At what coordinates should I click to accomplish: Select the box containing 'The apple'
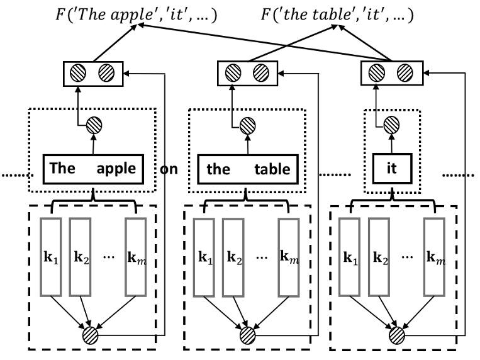pyautogui.click(x=93, y=169)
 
